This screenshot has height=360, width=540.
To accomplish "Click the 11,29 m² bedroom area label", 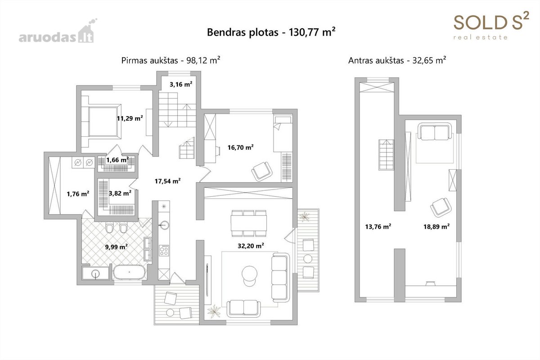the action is coord(130,118).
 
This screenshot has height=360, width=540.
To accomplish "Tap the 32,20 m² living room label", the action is coord(251,246).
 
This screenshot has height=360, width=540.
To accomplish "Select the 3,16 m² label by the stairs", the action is coord(181,84).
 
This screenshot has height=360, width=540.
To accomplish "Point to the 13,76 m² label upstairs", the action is coord(378,226).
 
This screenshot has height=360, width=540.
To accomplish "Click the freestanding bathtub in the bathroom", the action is coord(130,272).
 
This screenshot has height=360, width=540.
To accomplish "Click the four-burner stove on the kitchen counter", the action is coord(164,250).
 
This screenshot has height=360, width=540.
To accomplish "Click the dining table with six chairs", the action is coord(249,223).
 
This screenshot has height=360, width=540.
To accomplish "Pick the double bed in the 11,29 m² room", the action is coord(104,121).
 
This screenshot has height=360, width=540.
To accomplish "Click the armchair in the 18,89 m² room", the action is coord(441,207).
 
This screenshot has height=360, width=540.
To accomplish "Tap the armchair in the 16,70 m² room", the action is coord(262,171).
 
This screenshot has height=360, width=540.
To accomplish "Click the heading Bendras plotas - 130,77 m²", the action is coord(271,32).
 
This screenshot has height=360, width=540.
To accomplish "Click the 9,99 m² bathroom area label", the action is coord(116,247).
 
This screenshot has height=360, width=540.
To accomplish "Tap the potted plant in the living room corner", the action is coord(214,311).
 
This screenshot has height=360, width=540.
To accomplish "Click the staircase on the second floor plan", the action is coord(386,154).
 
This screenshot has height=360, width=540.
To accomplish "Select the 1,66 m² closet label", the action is coord(117,160).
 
